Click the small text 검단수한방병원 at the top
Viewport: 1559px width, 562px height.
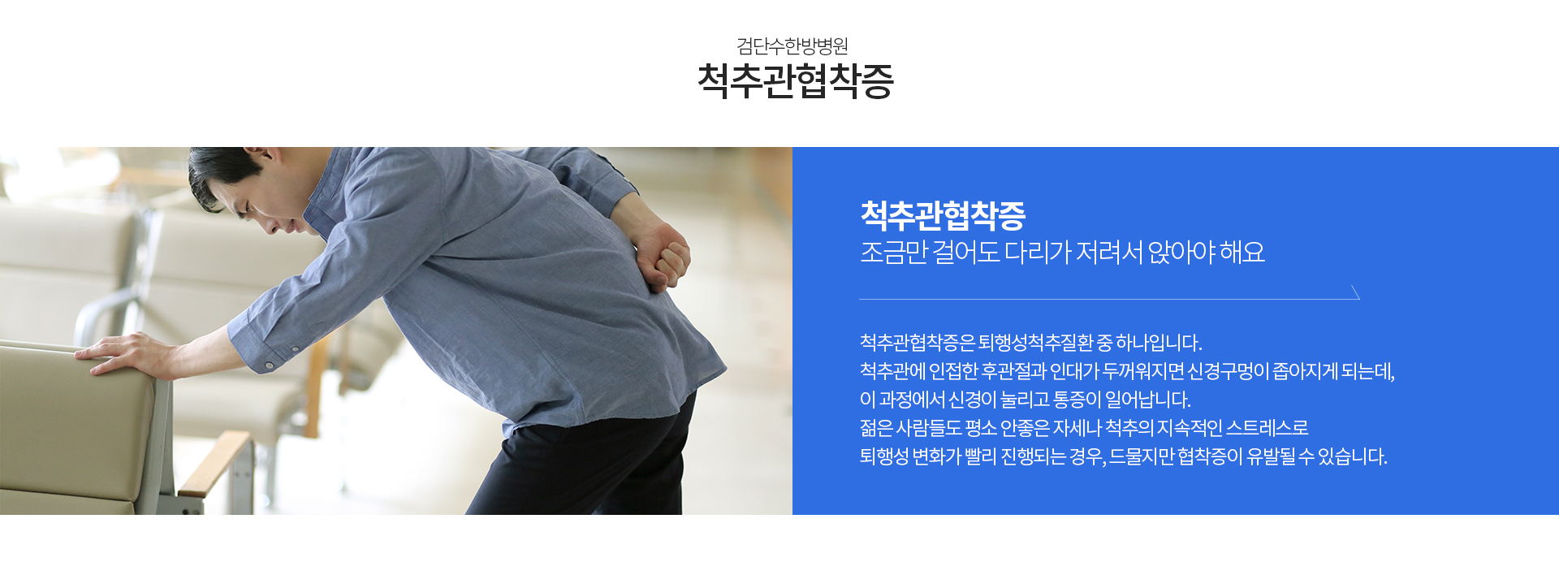[x=792, y=45]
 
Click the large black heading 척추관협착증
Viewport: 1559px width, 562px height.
[x=796, y=81]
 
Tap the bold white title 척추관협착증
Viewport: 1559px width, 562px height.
[x=943, y=215]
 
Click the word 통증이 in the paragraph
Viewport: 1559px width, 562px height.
[x=1077, y=400]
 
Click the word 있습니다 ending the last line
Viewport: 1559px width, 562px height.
[x=1353, y=456]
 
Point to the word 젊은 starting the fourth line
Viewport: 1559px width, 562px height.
[x=876, y=428]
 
